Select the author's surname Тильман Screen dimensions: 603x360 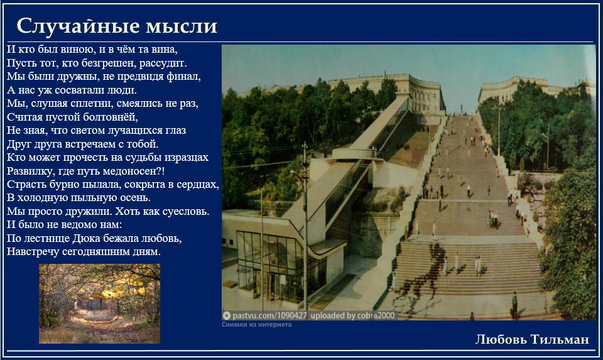(x=560, y=339)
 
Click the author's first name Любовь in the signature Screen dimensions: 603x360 (x=501, y=339)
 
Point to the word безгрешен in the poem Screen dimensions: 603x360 (x=109, y=63)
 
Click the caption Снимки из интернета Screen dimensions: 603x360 (x=256, y=325)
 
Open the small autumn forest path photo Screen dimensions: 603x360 (x=100, y=303)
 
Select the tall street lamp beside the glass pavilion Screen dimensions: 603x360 (x=305, y=227)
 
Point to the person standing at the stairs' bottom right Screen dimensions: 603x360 (x=514, y=305)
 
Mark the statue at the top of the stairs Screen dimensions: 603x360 (x=462, y=108)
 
